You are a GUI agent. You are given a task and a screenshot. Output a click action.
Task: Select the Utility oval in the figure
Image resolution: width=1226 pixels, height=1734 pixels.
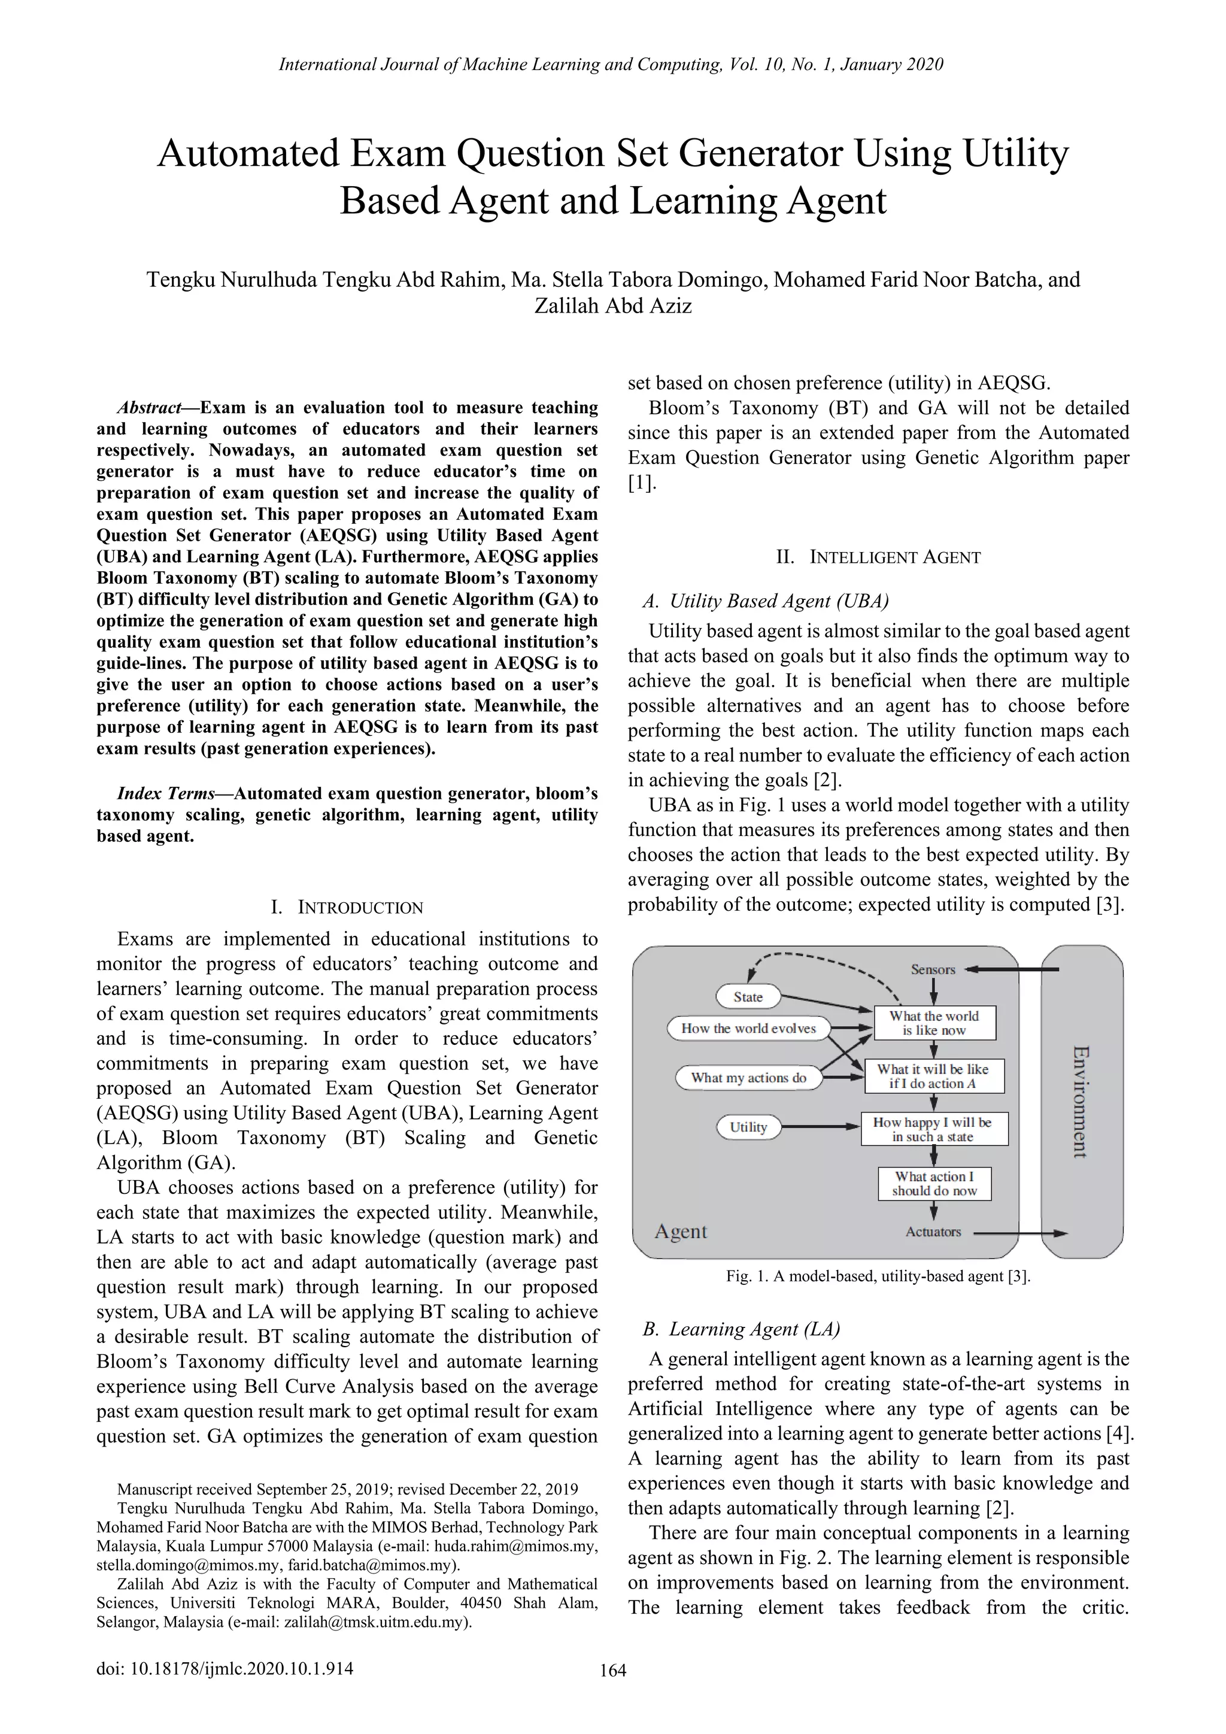point(748,1127)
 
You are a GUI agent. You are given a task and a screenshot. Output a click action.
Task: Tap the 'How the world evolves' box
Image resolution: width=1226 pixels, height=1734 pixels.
point(748,1029)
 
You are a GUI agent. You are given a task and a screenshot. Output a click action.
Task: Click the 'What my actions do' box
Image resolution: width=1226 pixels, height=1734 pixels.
point(748,1078)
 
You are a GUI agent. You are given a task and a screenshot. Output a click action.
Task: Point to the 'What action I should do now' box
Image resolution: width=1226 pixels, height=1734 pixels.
point(934,1183)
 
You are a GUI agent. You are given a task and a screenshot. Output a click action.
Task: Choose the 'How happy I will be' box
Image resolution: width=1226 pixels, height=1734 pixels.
point(934,1129)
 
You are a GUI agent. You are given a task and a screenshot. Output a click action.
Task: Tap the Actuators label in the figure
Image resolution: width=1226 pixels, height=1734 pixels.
point(933,1232)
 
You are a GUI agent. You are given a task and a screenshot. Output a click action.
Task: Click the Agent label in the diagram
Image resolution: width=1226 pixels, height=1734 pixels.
point(680,1232)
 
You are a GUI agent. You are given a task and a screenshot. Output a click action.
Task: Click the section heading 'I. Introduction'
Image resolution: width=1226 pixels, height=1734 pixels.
point(347,907)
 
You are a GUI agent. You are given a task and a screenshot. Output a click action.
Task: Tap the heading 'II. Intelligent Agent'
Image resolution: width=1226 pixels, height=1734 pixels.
point(878,557)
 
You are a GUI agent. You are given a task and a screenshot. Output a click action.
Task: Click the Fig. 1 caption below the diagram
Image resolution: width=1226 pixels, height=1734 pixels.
point(878,1277)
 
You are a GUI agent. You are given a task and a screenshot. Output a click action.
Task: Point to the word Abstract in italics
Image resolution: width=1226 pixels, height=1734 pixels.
point(148,408)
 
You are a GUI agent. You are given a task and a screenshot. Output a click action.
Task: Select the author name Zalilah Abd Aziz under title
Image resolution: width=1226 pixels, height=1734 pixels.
point(612,306)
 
